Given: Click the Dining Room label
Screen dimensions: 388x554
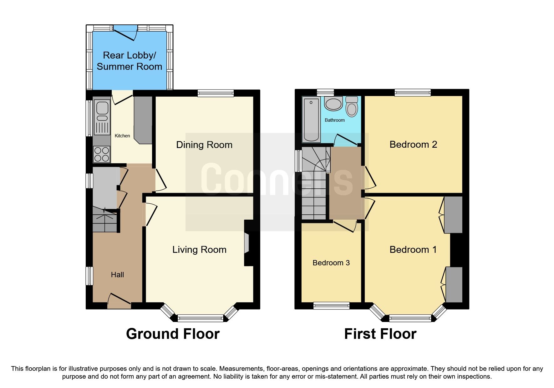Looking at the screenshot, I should (204, 145).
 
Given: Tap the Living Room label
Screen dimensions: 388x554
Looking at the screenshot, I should (199, 250).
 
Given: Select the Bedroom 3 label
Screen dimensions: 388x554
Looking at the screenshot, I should (331, 263).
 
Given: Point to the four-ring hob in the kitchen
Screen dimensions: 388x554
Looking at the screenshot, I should (102, 155).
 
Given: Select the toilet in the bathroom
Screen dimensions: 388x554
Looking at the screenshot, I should (352, 107).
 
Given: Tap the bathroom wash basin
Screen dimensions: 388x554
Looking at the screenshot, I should (333, 104).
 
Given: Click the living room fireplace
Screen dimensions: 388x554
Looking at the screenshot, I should (247, 243).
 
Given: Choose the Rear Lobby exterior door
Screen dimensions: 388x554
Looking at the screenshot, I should (125, 33).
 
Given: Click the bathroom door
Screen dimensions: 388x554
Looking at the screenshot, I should (346, 140).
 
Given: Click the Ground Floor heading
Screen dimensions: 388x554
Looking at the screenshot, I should (173, 334).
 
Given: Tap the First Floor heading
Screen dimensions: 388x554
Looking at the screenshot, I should (380, 334).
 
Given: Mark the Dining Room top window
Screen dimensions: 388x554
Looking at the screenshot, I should (216, 93).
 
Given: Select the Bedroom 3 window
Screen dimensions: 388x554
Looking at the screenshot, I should (331, 305).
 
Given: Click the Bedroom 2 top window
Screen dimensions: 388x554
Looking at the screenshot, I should (413, 93).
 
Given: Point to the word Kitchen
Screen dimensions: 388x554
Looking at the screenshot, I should (122, 136).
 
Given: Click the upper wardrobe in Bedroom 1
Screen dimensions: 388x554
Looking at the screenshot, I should (453, 215).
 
